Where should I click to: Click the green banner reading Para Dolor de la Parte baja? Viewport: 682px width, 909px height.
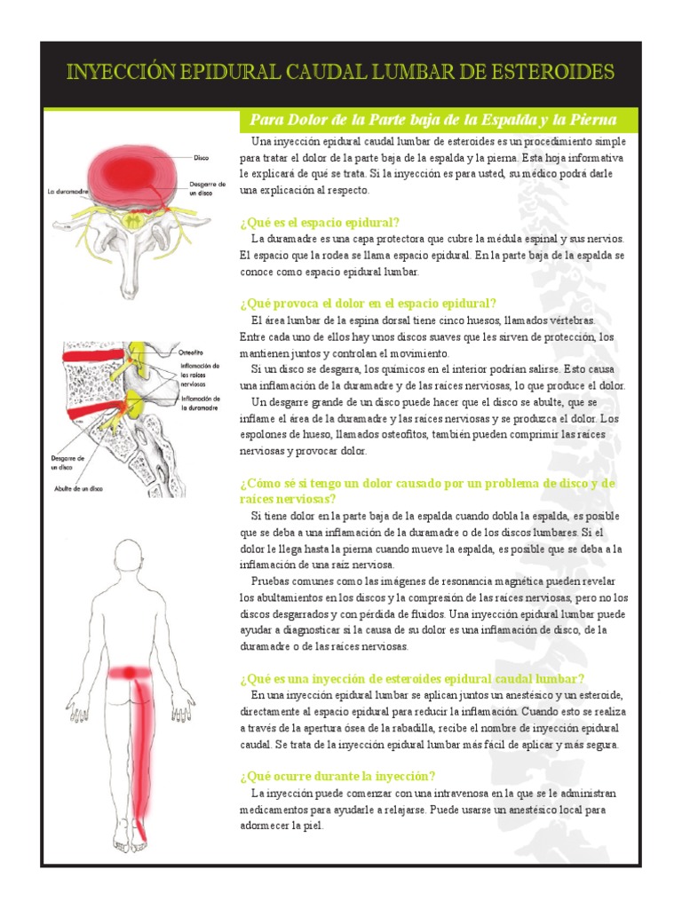click(440, 120)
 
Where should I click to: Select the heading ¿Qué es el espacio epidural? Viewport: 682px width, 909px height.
click(320, 222)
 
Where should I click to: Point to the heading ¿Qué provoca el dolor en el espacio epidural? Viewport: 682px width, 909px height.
click(368, 303)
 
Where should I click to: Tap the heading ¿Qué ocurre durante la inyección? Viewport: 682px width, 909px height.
click(337, 775)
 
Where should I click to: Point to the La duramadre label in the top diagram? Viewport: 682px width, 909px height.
click(68, 191)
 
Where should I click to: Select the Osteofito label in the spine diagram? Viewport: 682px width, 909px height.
click(193, 351)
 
